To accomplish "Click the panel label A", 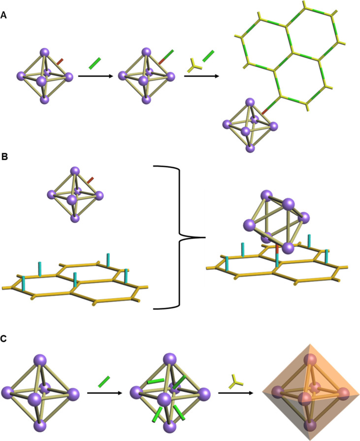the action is pos(4,16).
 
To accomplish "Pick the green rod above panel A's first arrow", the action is pos(95,63).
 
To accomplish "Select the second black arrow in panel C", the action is pos(234,393).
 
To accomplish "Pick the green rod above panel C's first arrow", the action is pos(103,381).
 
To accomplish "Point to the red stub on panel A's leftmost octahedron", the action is pos(60,62).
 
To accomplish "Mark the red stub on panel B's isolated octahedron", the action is pos(90,181).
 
